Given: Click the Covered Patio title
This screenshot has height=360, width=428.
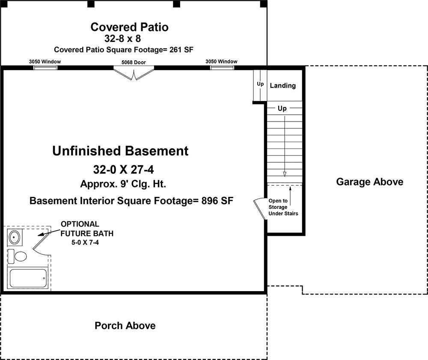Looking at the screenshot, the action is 129,27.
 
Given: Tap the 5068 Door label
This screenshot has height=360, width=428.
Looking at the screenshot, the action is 134,62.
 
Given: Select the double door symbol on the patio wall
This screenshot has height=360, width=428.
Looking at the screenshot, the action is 134,74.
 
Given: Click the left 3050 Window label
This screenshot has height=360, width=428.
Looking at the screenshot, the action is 45,61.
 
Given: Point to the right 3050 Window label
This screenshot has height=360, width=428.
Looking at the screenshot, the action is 221,61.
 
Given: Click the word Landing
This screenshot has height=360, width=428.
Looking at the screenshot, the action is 283,86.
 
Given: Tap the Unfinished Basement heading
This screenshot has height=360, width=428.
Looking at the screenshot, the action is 120,151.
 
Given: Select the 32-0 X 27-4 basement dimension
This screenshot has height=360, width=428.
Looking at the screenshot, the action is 123,170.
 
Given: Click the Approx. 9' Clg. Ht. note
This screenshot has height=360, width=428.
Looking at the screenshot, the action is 123,184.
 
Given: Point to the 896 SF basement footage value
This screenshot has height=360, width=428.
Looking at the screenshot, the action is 217,201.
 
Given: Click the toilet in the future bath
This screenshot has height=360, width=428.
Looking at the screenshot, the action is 17,256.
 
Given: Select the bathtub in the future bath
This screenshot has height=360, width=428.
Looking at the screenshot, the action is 28,278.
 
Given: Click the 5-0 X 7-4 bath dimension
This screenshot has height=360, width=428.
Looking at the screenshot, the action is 85,242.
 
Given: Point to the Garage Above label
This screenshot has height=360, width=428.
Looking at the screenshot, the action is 370,182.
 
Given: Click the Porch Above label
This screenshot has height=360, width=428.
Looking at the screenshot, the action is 125,326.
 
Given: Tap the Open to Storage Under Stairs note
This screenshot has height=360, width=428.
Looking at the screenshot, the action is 283,207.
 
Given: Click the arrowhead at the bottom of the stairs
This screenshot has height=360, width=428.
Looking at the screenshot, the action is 285,174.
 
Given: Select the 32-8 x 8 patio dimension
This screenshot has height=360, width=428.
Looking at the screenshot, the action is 122,39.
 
